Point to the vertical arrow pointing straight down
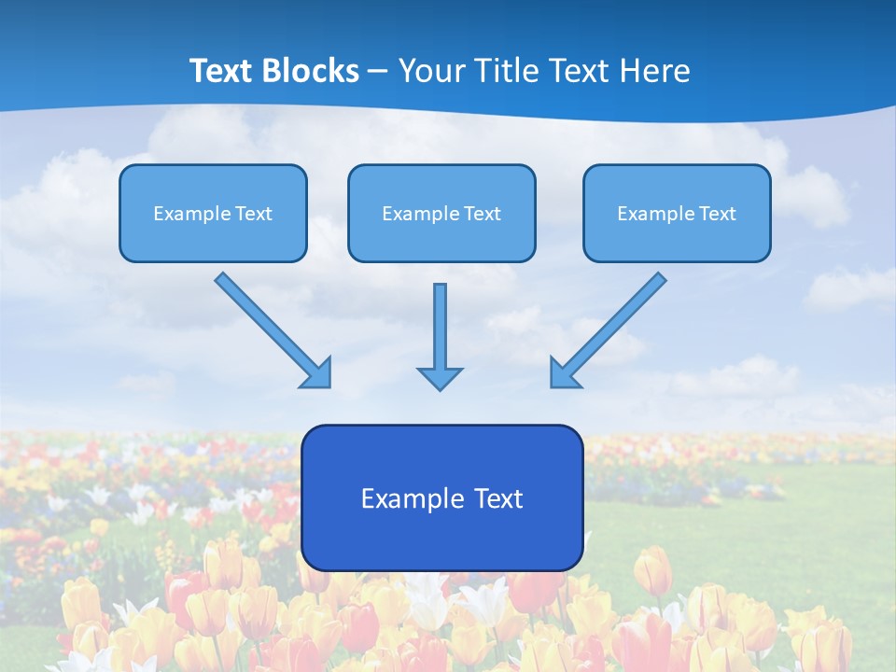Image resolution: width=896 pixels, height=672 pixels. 440,327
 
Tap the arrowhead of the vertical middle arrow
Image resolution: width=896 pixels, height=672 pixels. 440,377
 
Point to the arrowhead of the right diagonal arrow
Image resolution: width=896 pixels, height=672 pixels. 563,373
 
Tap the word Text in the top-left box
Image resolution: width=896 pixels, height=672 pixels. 253,214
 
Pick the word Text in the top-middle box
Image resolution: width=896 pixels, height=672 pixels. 482,214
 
